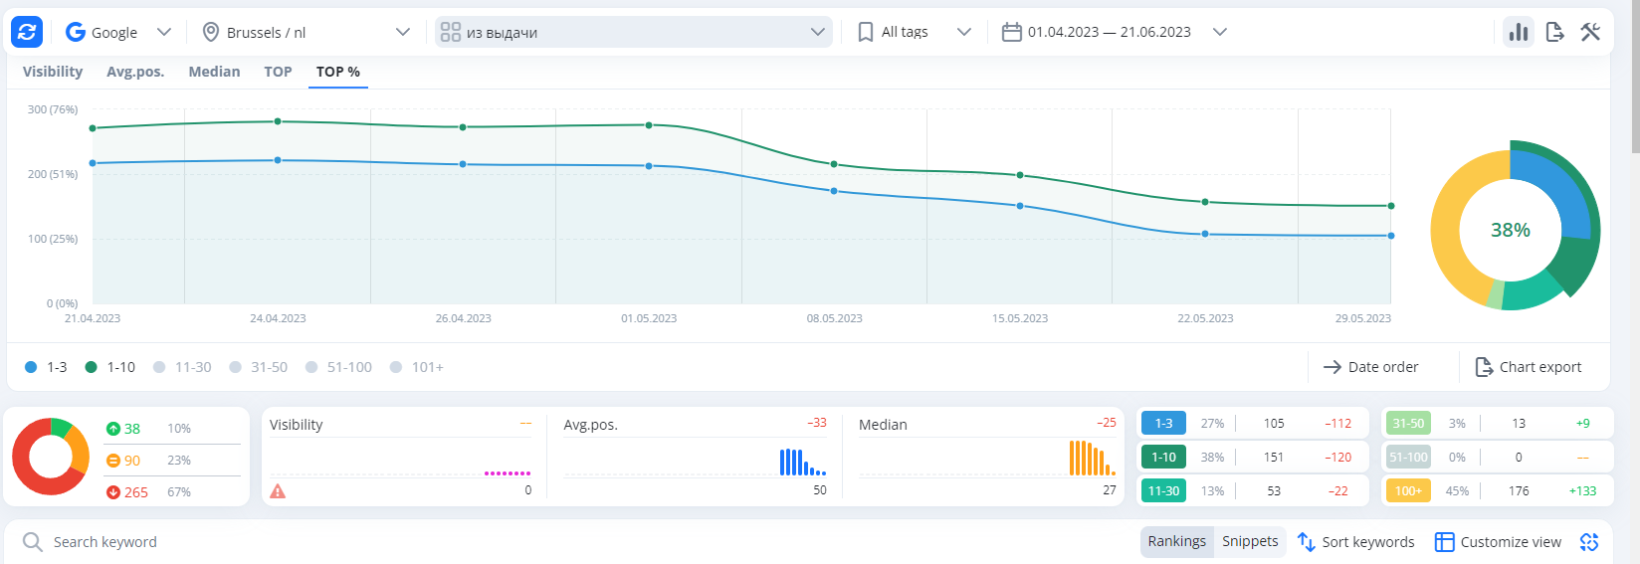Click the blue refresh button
(x=27, y=32)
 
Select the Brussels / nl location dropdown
(x=307, y=32)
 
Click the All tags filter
(x=914, y=32)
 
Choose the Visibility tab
(x=53, y=72)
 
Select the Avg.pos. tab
(x=135, y=72)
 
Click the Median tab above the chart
(x=214, y=72)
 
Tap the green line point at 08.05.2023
(x=834, y=164)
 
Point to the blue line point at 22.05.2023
(x=1205, y=234)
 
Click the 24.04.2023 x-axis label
(x=278, y=318)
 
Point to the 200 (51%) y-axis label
(x=53, y=174)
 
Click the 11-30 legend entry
(x=183, y=367)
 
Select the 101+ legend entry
(x=418, y=367)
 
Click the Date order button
(x=1371, y=367)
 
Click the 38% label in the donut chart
(x=1510, y=230)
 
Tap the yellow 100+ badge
(x=1408, y=490)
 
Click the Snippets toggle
(x=1250, y=541)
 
